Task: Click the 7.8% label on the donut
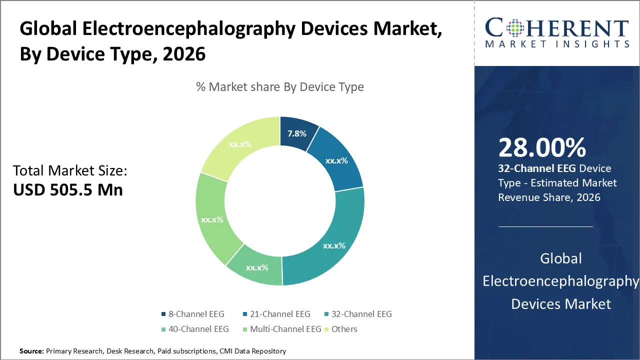[297, 133]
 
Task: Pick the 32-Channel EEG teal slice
[333, 245]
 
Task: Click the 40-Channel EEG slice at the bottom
[257, 267]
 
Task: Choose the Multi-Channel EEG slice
[212, 219]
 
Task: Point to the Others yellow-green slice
[240, 144]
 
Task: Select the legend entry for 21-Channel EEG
[278, 314]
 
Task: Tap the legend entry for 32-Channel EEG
[359, 314]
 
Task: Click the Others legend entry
[341, 329]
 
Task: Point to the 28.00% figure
[542, 147]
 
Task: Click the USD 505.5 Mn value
[68, 189]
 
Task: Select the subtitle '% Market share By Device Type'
[280, 87]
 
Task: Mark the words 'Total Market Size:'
[70, 171]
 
